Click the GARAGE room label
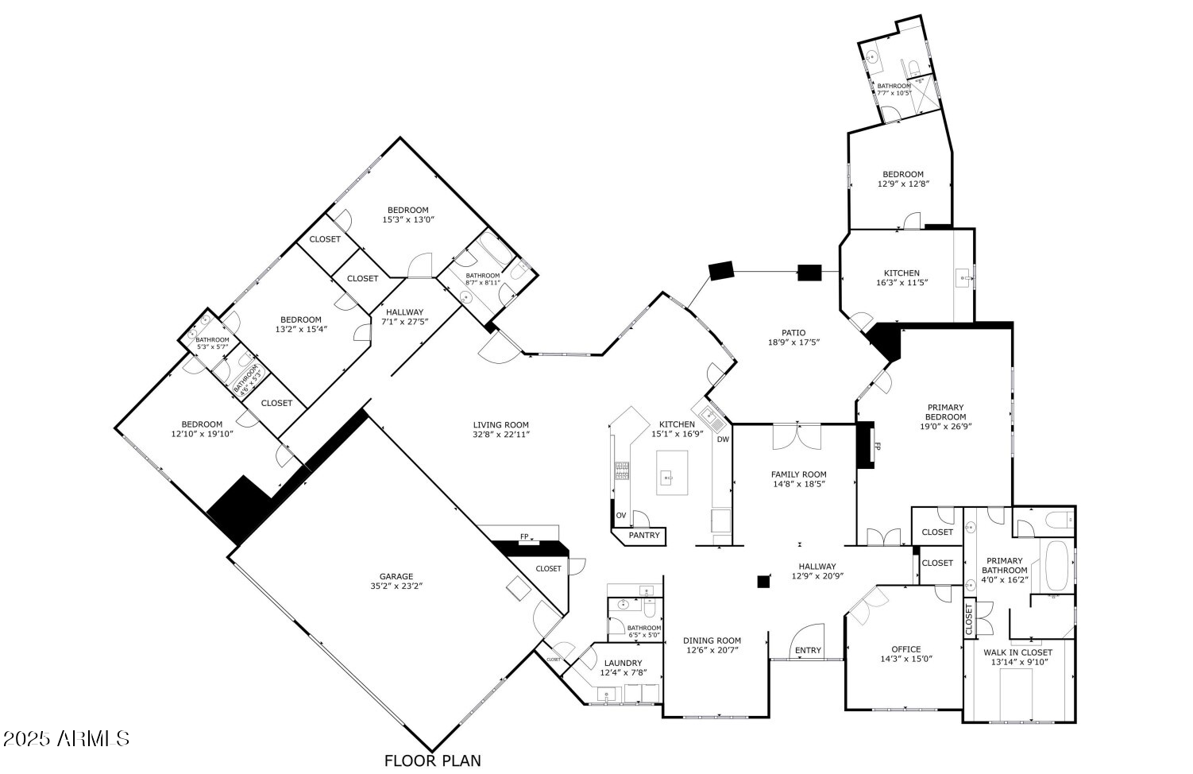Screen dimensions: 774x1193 396,577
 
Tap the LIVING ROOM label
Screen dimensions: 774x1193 500,425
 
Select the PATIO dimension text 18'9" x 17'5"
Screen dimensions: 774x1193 793,342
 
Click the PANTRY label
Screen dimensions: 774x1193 644,536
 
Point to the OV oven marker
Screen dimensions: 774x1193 621,516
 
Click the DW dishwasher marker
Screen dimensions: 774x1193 723,439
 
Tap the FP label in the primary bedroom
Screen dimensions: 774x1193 878,446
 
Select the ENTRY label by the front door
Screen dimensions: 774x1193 808,651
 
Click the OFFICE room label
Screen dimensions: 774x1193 905,649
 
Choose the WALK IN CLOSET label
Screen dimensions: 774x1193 1017,652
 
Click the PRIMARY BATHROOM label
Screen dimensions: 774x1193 1005,566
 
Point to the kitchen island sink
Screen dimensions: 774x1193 667,477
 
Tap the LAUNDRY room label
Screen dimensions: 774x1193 623,664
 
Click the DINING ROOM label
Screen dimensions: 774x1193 713,640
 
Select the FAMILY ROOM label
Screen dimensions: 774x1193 799,474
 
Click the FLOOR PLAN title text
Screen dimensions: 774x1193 432,760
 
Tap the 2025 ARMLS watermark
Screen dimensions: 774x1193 66,739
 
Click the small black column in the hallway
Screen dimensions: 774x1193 763,582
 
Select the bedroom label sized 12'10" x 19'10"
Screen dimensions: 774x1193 202,424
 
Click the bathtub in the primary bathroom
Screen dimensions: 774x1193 1056,566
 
